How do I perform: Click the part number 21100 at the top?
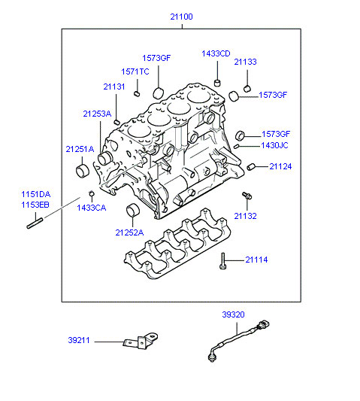tap(181, 17)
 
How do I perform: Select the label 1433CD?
tap(216, 53)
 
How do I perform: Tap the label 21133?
tap(245, 62)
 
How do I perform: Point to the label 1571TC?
tap(135, 71)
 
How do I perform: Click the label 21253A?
tap(97, 114)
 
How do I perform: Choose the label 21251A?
tap(80, 149)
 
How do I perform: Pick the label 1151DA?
tap(36, 194)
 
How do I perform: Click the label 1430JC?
tap(274, 145)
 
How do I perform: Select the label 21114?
tap(256, 260)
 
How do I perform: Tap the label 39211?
tap(79, 340)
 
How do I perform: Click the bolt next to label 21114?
tap(223, 261)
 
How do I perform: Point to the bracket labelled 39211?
tap(141, 341)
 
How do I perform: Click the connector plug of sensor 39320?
tap(263, 325)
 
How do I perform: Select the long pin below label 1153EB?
tap(35, 223)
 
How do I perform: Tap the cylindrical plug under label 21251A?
tap(83, 171)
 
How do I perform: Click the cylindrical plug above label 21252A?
tap(133, 210)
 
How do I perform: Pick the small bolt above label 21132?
tap(247, 196)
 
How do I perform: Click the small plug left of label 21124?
tap(251, 166)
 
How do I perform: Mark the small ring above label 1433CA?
tap(91, 193)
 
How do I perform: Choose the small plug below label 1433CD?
tap(217, 83)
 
